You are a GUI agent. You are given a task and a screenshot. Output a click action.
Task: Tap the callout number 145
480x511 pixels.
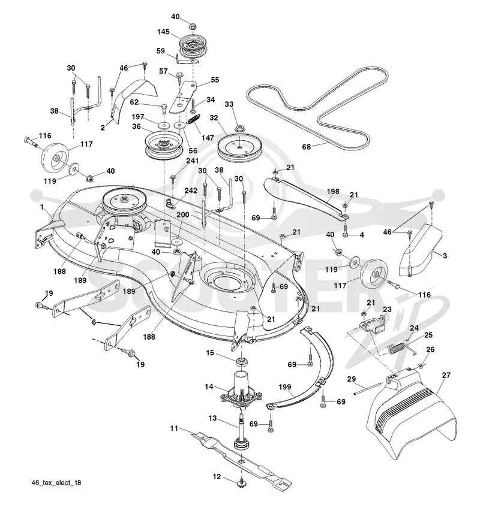coord(163,32)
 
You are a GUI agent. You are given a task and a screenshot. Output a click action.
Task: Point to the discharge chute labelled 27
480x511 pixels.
coord(412,416)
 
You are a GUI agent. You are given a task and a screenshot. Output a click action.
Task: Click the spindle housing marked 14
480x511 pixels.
coord(241,389)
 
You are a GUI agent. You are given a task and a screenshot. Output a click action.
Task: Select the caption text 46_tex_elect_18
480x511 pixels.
coord(56,483)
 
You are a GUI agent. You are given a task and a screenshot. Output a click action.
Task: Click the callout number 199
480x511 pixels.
coord(284,387)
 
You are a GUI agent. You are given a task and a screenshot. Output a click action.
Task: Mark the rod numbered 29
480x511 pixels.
coord(367,389)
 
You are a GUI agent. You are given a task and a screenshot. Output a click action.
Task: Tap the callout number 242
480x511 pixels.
coord(191,191)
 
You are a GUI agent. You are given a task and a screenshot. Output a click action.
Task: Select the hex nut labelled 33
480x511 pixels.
coord(239,127)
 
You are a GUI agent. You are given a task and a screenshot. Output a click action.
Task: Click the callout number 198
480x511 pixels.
coord(333,191)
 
